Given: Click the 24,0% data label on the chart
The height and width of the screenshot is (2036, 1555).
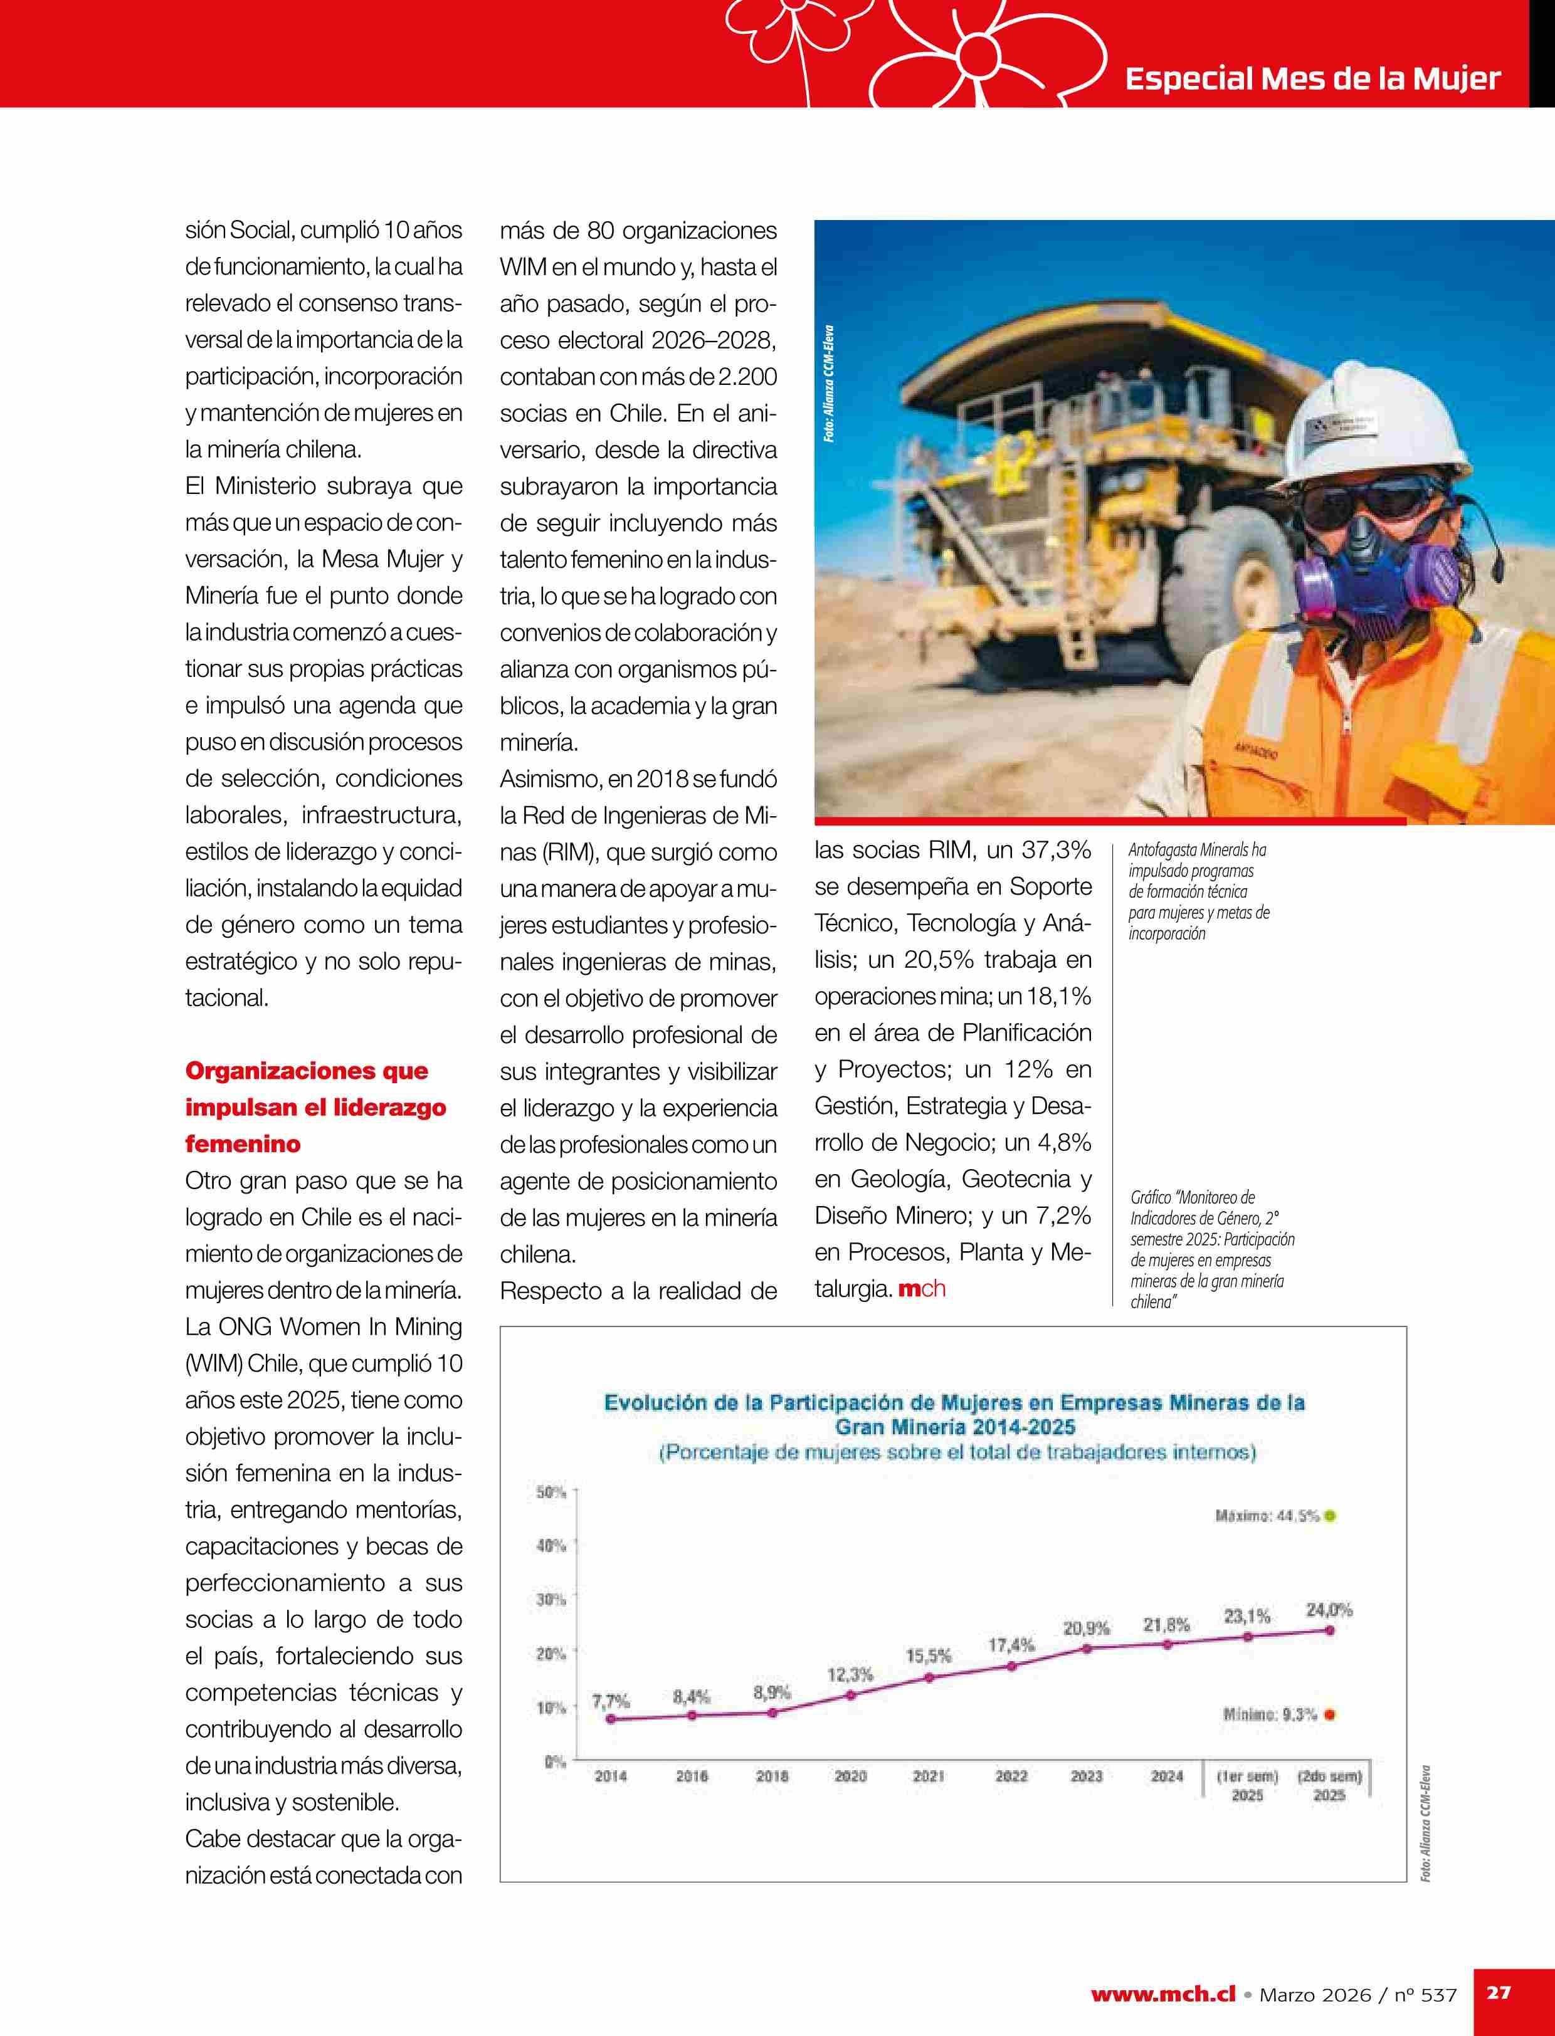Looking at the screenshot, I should click(x=1328, y=1609).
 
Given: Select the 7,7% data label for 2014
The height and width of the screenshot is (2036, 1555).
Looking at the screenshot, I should click(x=611, y=1701).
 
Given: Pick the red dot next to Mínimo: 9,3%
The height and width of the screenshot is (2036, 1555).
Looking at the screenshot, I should click(x=1329, y=1715).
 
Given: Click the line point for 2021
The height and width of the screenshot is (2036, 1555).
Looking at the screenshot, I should click(x=929, y=1677).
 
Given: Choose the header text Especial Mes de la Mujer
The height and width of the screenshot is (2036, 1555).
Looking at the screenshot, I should click(x=1312, y=78).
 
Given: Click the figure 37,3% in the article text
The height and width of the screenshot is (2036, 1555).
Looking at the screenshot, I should click(x=1056, y=849).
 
